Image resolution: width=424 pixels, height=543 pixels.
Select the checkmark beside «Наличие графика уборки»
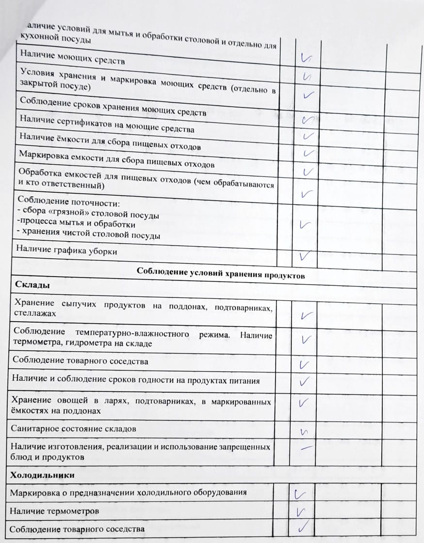click(305, 256)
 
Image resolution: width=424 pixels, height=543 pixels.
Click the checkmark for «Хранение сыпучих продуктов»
click(306, 315)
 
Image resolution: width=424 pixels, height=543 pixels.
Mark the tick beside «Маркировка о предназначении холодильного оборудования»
click(300, 495)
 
